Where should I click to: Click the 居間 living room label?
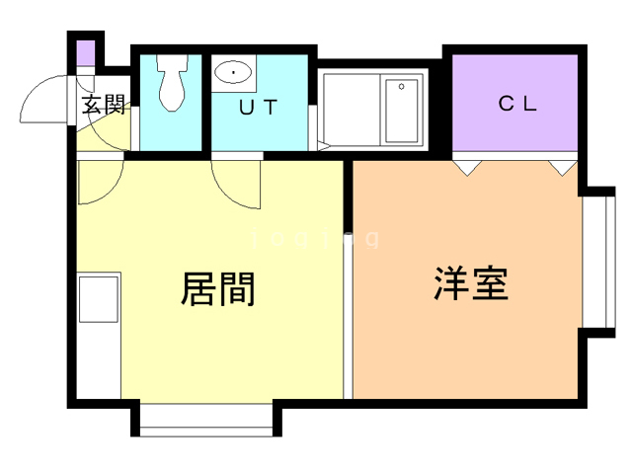pos(218,288)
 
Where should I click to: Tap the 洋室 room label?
pos(470,283)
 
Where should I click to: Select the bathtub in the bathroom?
pos(401,111)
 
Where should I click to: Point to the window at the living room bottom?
pos(204,420)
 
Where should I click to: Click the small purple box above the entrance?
pos(85,51)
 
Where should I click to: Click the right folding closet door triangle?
pos(563,165)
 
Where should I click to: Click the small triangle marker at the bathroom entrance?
pos(324,147)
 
